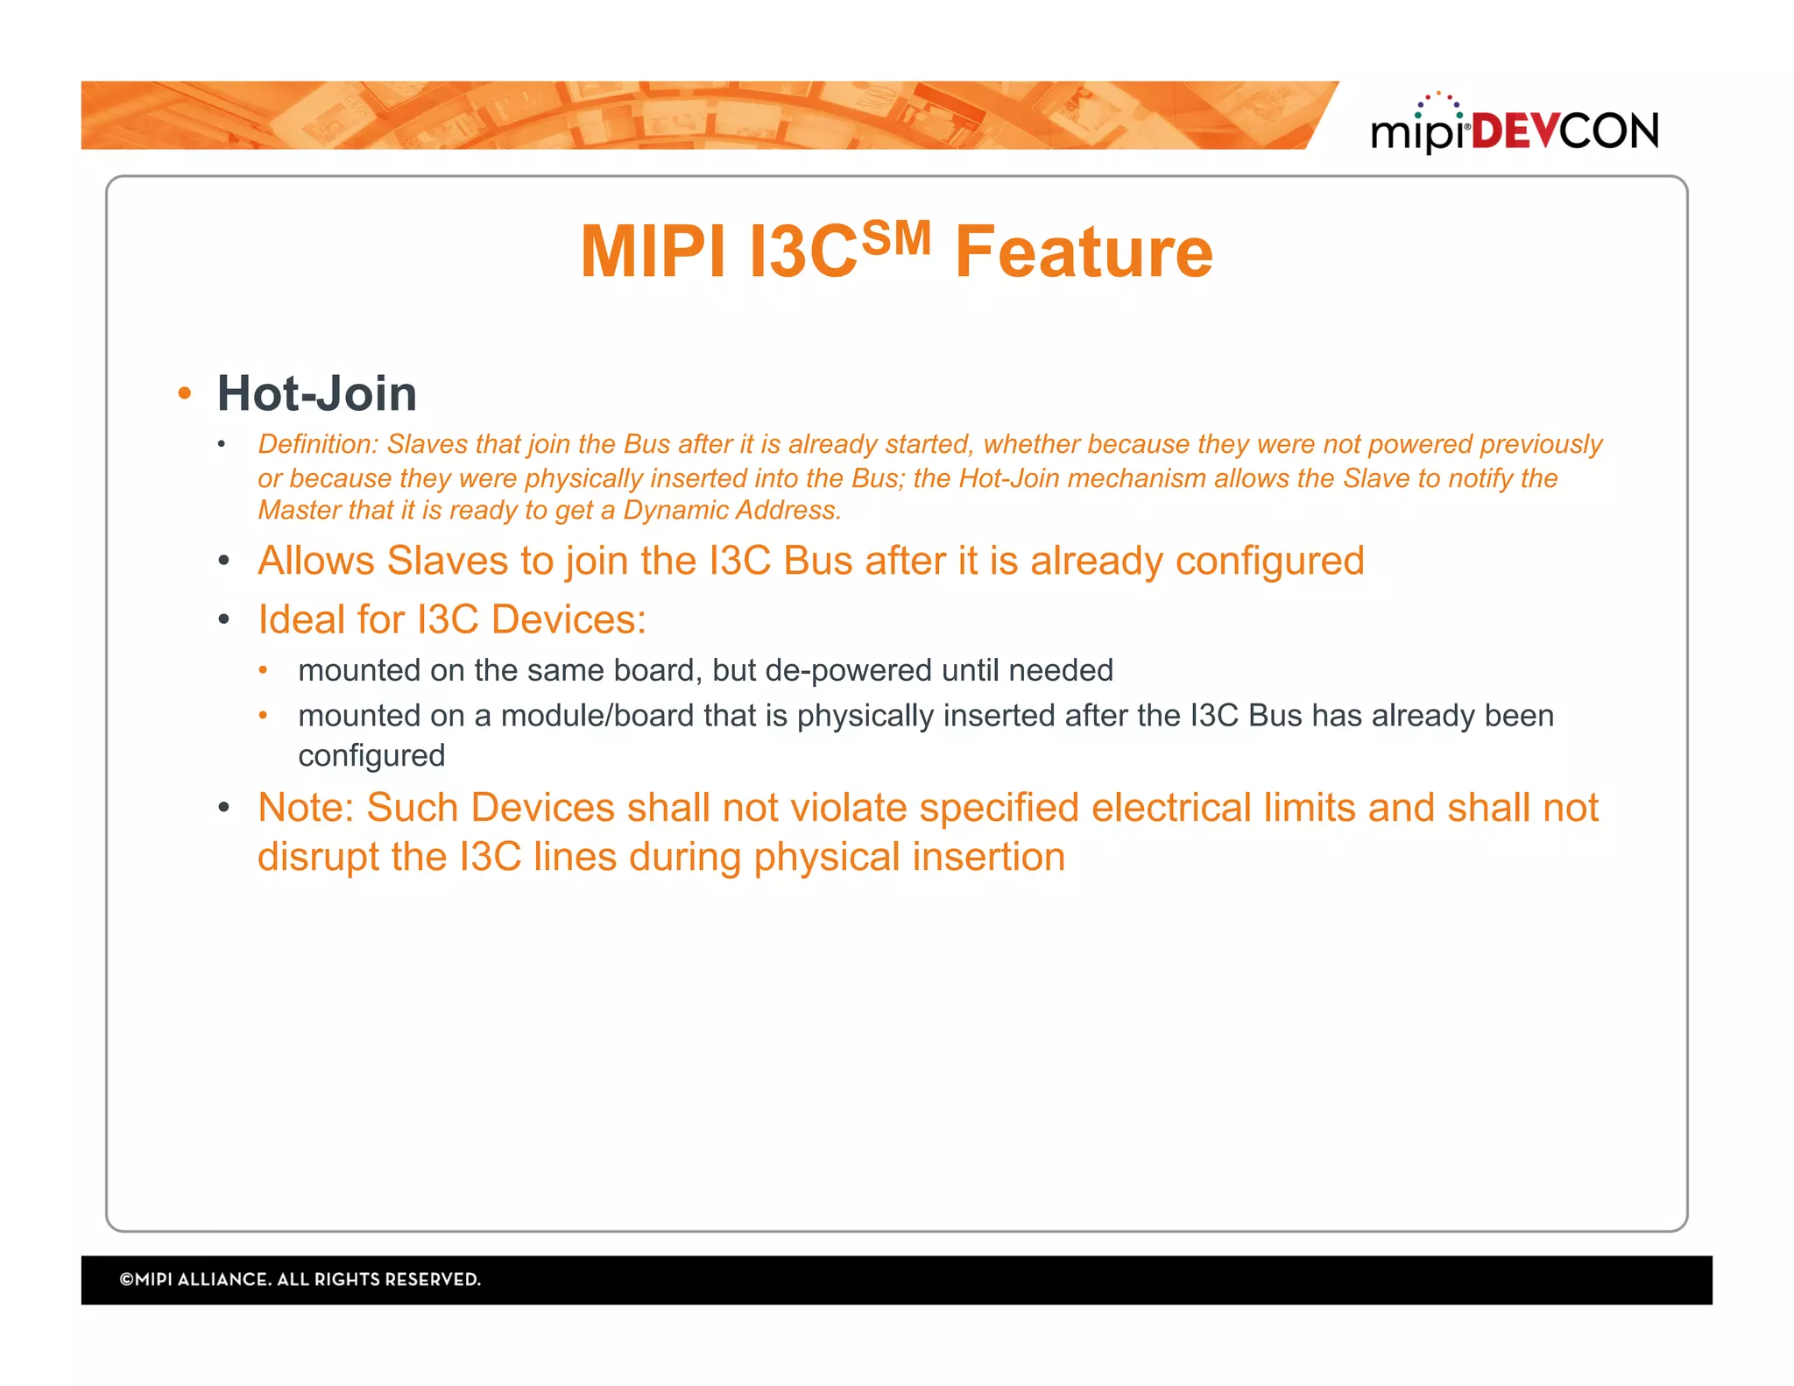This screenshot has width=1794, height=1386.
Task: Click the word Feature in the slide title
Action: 1084,252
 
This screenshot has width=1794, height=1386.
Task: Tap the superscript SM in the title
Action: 895,237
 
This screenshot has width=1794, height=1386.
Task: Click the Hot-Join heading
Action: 316,393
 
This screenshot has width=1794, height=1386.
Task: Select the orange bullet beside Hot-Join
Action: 184,393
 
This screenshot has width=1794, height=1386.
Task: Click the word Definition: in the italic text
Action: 317,444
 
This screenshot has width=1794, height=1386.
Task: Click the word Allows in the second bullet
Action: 316,561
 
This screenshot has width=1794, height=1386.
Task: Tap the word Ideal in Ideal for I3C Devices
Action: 300,619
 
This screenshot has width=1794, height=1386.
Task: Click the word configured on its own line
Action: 371,755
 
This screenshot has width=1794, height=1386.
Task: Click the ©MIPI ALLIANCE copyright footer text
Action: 300,1279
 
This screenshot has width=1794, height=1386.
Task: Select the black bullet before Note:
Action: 224,807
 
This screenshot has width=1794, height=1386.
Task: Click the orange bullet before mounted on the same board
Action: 263,670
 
